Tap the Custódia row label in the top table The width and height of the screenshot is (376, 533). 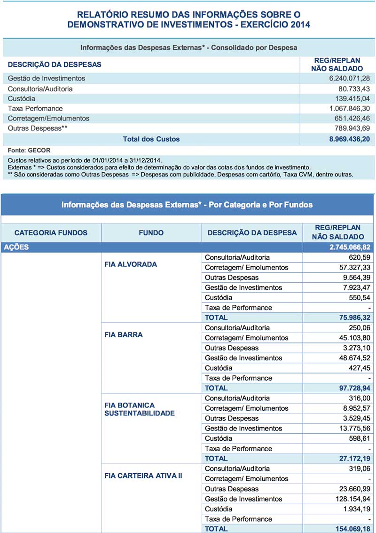[x=22, y=99]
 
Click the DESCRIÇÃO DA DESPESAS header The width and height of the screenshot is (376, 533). [x=55, y=64]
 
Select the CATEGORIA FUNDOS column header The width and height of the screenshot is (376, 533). [x=51, y=232]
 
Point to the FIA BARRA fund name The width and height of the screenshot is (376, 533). [x=124, y=335]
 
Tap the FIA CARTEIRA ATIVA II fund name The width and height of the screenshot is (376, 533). [x=143, y=476]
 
